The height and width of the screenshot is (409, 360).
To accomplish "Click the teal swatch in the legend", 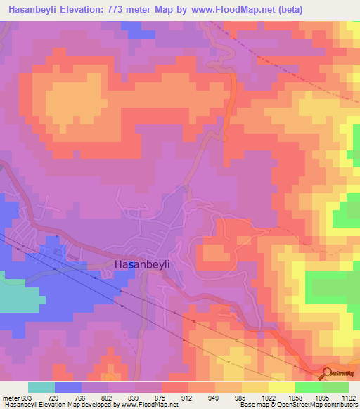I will coord(41,387).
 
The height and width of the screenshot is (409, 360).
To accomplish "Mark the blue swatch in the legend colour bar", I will coord(68,387).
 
